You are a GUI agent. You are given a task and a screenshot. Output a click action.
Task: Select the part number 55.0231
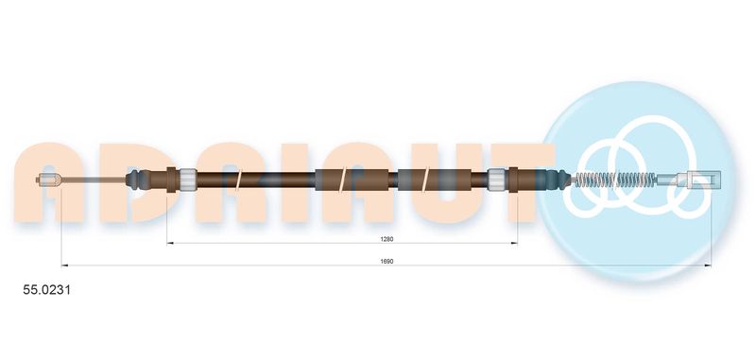point(46,290)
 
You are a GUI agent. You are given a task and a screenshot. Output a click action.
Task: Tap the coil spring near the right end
point(613,180)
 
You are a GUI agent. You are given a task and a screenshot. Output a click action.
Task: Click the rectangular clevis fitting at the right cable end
point(700,180)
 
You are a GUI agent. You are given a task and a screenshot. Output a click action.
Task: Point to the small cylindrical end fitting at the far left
point(48,180)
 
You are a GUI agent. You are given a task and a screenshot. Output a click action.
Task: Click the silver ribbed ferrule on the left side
point(187,180)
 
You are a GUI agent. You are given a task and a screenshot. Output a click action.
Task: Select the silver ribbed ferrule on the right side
point(497,180)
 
